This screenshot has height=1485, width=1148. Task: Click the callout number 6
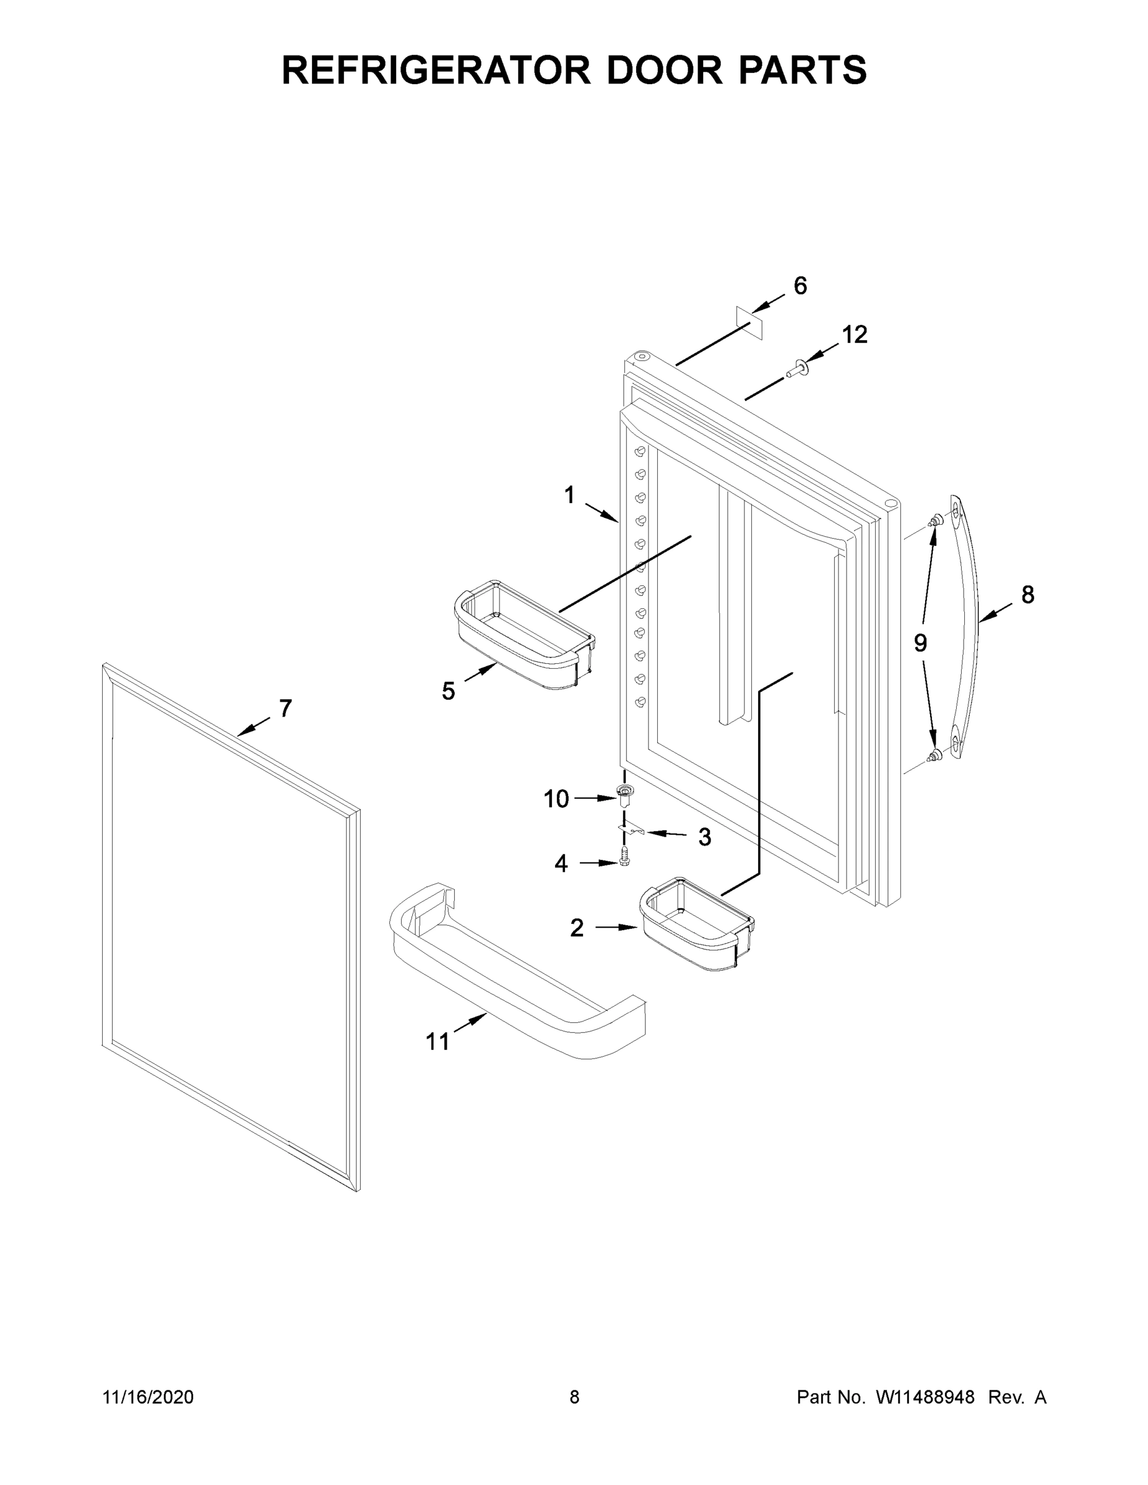coord(800,286)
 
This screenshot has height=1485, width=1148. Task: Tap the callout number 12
coord(855,335)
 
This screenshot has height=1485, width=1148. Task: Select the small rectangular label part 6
coord(749,322)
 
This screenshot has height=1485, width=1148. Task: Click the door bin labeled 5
coord(524,635)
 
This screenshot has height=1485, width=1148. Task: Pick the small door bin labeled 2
coord(696,923)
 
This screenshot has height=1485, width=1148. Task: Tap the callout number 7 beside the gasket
coord(286,708)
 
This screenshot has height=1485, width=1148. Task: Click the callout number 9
coord(920,642)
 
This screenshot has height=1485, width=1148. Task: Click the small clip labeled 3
coord(631,830)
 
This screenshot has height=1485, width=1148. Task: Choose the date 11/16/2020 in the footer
coord(149,1397)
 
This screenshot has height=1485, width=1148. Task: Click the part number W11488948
coord(925,1397)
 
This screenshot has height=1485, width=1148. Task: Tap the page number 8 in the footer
coord(575,1397)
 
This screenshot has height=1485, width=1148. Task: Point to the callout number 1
coord(569,496)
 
